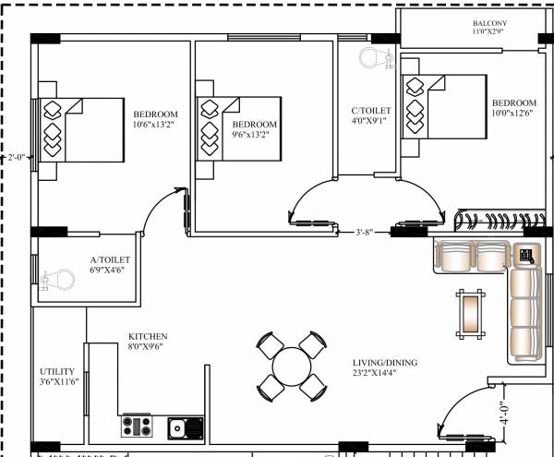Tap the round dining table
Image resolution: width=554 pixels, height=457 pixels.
[291, 366]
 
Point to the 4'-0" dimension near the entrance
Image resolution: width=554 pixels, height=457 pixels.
[502, 412]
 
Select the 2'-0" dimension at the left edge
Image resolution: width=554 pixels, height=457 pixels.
[15, 157]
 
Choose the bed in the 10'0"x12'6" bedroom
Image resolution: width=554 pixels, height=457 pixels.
[444, 107]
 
